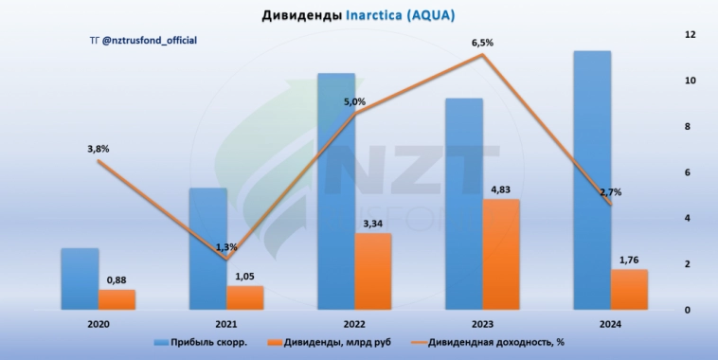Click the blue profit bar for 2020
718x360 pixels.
tap(80, 279)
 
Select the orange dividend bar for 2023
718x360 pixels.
tap(501, 254)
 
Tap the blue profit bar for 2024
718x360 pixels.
tap(592, 180)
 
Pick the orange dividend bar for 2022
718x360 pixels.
tap(373, 271)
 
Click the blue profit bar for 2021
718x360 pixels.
tap(207, 248)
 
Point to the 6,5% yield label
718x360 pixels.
tap(483, 43)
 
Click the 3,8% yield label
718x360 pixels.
tap(98, 149)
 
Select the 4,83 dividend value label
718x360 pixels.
tap(501, 190)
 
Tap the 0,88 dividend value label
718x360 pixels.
tap(117, 279)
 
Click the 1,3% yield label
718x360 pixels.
tap(226, 247)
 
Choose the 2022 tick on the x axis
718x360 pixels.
tap(354, 324)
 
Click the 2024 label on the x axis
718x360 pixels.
tap(610, 324)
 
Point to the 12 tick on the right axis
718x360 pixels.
tap(691, 35)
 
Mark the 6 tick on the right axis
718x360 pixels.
tap(691, 172)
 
